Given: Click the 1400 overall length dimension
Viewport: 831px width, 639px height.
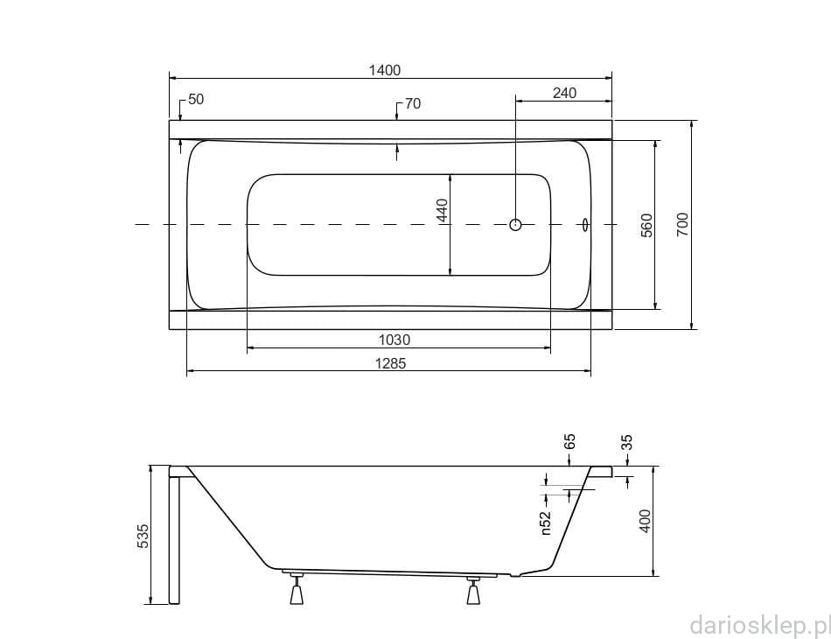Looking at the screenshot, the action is click(385, 70).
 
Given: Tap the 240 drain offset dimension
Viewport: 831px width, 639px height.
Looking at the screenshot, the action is click(564, 93).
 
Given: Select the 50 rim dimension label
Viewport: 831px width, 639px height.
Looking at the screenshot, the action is click(196, 99).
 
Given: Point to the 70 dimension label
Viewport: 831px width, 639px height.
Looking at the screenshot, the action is click(413, 103).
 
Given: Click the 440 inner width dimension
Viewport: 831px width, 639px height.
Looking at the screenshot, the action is click(443, 210).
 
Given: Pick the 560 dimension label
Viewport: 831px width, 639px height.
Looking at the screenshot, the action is click(646, 225).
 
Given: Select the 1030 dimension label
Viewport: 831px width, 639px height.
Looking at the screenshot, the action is click(395, 340).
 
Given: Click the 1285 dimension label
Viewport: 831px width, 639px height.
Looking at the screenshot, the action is click(391, 363).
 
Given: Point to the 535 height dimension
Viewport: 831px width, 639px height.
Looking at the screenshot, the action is click(143, 536).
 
